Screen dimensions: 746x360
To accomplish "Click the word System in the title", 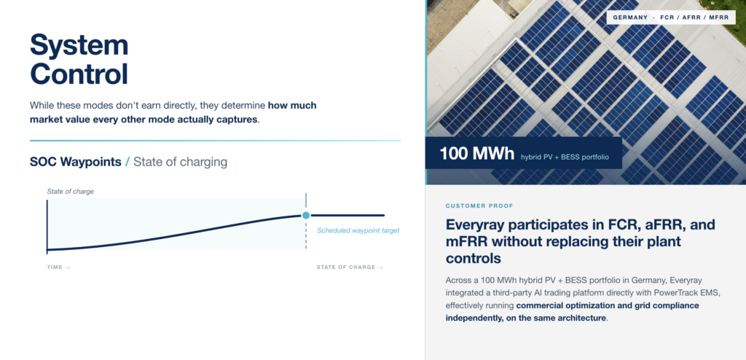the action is click(x=79, y=46).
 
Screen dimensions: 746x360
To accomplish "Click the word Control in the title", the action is click(x=79, y=74).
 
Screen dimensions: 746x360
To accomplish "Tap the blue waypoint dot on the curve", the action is click(x=306, y=215).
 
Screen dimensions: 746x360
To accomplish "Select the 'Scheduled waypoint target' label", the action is click(x=358, y=230).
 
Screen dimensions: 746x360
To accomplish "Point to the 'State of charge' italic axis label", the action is click(x=71, y=192).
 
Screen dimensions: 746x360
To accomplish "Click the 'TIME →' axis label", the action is click(x=58, y=267).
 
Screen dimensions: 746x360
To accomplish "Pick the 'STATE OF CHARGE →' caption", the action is click(x=350, y=267).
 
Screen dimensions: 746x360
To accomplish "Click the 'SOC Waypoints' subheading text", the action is click(x=76, y=162).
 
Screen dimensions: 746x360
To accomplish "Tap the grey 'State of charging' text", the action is click(x=181, y=162).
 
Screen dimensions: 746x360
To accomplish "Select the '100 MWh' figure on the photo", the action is click(x=477, y=153).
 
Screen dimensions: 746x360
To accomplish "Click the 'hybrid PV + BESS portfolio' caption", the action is click(x=565, y=156).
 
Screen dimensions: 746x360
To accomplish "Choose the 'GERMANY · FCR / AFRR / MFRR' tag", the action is click(x=671, y=17).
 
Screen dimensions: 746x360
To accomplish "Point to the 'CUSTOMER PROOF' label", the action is click(x=479, y=206).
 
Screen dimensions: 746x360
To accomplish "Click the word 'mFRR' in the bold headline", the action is click(x=466, y=241).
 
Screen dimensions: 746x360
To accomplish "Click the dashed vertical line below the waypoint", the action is click(x=306, y=234).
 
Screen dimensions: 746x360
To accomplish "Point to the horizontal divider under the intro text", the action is click(x=215, y=141).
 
